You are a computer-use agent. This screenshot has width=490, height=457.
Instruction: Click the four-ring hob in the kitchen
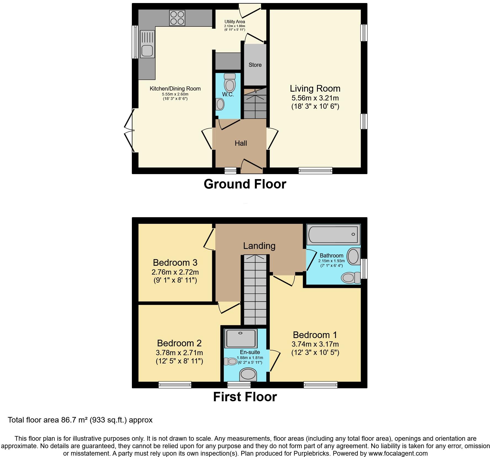click(x=177, y=18)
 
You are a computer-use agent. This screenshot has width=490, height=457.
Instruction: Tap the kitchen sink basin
click(x=147, y=51)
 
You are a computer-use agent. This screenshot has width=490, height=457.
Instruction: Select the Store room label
click(x=255, y=65)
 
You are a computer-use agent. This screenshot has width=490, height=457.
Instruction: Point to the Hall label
click(x=241, y=143)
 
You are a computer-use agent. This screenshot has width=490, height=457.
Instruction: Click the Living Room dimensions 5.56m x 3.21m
click(x=315, y=98)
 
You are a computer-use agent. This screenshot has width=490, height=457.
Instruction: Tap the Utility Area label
click(x=235, y=22)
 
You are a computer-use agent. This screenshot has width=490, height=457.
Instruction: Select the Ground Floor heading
click(x=245, y=184)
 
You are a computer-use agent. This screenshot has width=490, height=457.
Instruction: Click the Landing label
click(x=259, y=246)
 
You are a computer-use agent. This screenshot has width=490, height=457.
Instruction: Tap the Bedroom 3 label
click(x=175, y=262)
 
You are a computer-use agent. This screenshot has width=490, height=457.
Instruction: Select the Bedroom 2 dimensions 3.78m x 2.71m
click(x=179, y=352)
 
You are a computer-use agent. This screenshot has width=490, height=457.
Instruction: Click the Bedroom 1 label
click(x=315, y=335)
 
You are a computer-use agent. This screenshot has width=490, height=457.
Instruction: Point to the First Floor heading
click(x=245, y=397)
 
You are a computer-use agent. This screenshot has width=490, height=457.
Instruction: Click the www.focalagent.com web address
click(x=396, y=453)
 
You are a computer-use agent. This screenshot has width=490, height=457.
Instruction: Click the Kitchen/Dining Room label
click(x=175, y=89)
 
